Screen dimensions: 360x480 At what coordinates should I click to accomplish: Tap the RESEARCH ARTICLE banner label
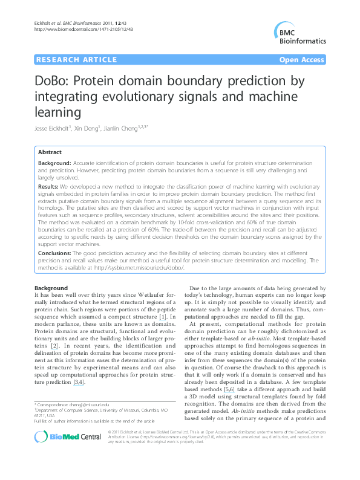pos(76,59)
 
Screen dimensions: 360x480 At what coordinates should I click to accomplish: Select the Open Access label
pos(301,59)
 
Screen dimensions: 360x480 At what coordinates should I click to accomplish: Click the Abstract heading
pos(50,152)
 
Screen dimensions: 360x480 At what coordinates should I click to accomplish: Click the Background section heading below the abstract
pos(51,288)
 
